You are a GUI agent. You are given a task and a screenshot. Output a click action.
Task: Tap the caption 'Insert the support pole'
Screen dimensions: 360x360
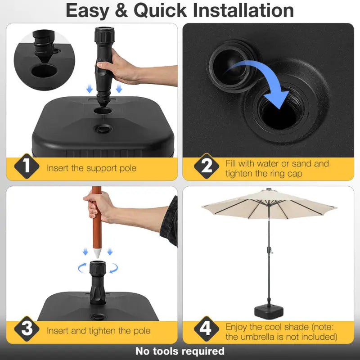(x=91, y=168)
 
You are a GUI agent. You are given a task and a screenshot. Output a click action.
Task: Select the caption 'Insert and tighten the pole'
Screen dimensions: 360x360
(x=99, y=331)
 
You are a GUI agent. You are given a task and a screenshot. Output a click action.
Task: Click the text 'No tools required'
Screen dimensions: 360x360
(x=180, y=351)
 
